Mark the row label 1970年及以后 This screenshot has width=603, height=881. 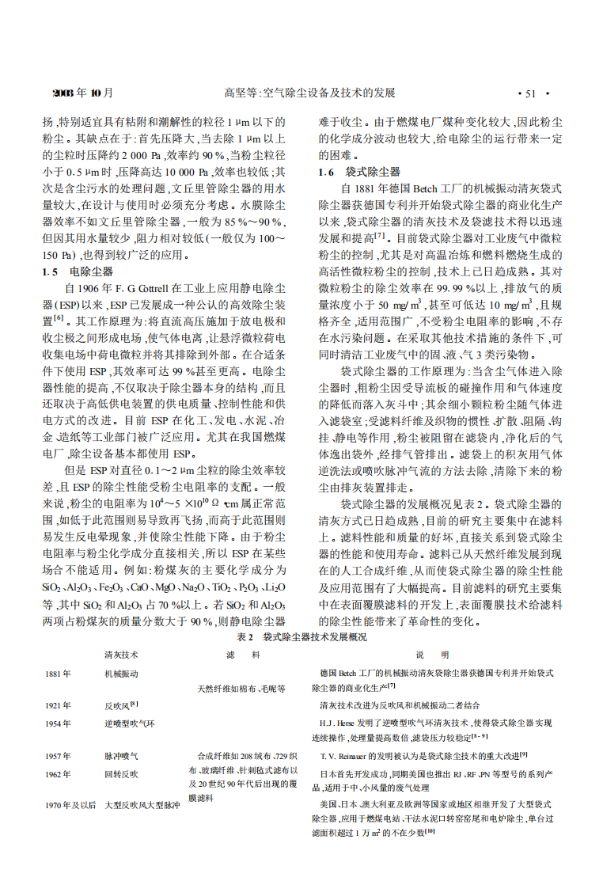[x=70, y=805]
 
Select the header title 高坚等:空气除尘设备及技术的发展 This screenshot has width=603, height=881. [x=309, y=93]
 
